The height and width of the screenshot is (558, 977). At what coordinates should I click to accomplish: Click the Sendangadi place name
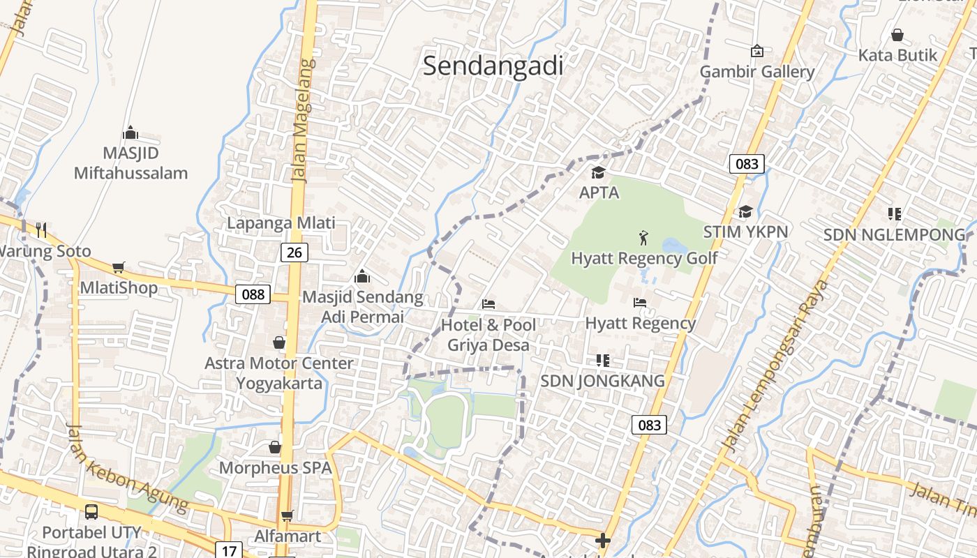493,66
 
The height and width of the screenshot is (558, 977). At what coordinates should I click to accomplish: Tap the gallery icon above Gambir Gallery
756,51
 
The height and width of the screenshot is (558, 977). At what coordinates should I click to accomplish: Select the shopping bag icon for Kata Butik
897,34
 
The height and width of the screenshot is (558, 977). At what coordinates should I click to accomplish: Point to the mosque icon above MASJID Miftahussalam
130,133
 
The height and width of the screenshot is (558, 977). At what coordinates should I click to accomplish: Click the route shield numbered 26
294,252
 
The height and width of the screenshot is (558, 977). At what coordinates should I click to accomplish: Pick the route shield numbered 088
253,294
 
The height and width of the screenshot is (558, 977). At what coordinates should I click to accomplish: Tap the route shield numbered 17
229,550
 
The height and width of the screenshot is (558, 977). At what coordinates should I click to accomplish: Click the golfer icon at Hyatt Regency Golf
643,238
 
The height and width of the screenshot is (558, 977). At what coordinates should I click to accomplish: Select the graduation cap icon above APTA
598,172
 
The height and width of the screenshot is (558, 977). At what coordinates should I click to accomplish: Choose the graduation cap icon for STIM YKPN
745,211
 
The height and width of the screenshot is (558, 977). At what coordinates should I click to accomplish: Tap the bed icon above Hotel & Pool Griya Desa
488,304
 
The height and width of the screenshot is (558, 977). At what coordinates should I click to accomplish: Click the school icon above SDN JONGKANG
603,361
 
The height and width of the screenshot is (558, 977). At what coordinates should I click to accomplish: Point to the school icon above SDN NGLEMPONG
895,213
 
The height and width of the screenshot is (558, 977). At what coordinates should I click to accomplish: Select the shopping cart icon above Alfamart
287,516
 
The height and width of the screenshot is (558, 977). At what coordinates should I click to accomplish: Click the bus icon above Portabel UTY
91,512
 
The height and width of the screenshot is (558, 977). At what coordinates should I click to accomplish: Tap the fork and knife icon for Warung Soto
41,229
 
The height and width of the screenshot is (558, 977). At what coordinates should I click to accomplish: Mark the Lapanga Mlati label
281,223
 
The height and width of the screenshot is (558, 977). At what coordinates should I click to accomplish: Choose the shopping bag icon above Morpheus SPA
275,446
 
